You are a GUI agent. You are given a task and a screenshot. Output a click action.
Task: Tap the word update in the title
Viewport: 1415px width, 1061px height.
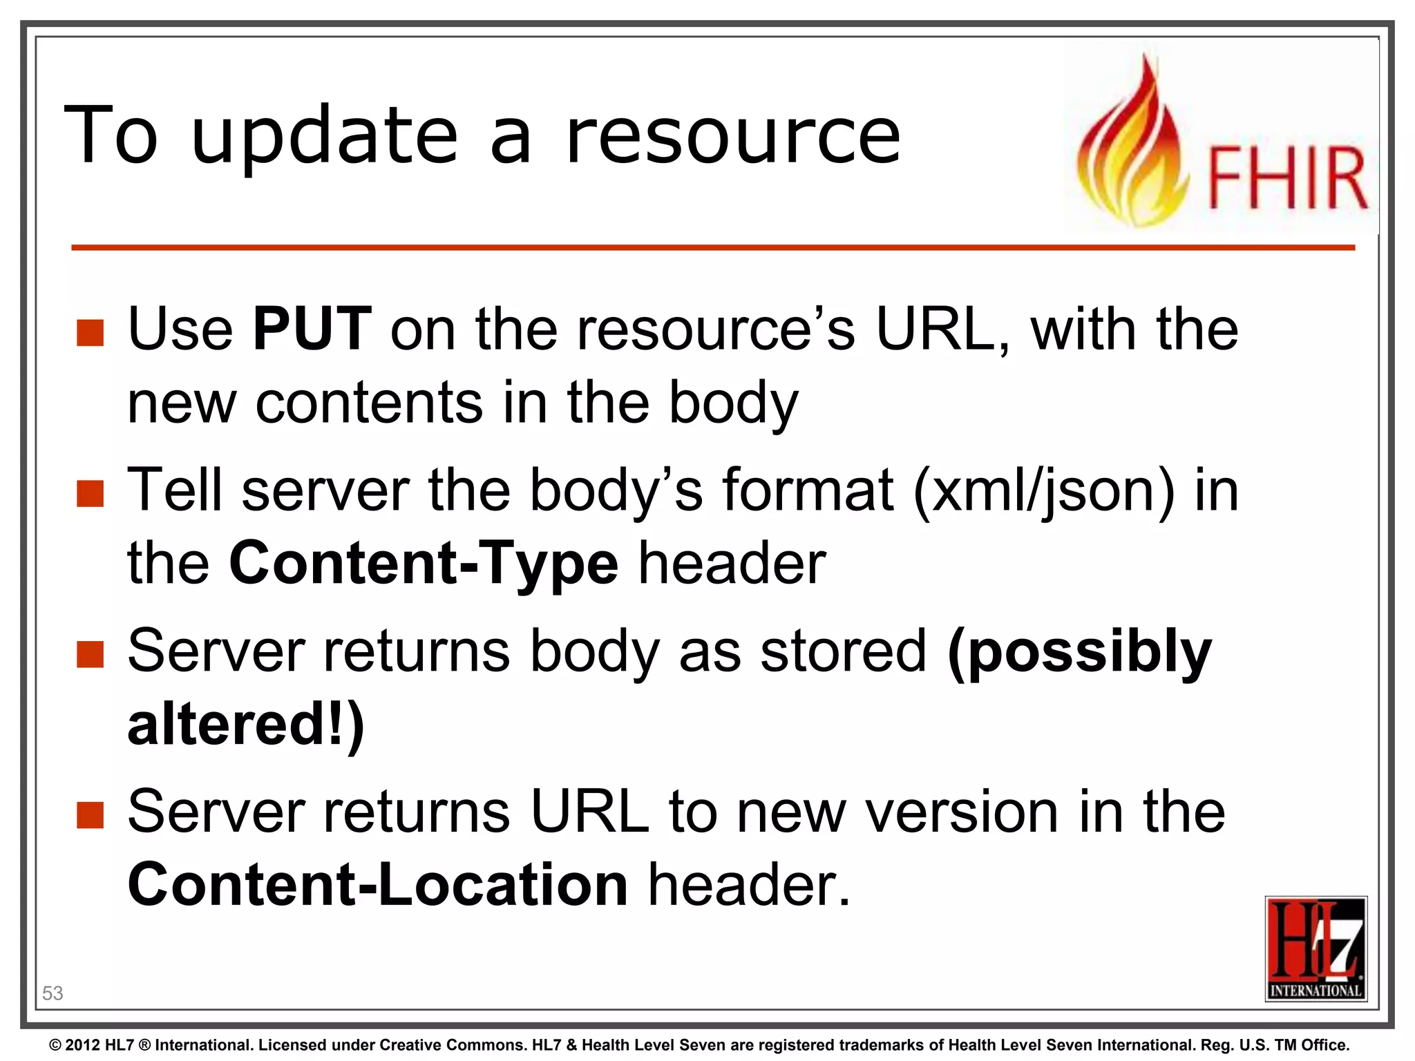[x=325, y=137]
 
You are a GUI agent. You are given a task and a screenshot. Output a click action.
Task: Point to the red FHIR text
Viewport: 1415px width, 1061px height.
[x=1286, y=178]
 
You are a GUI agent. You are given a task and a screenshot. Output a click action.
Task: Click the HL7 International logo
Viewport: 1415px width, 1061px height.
[x=1316, y=948]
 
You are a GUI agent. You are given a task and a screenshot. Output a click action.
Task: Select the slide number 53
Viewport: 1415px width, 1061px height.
[x=53, y=993]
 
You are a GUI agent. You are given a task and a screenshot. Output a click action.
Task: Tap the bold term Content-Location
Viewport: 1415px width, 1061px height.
[x=377, y=885]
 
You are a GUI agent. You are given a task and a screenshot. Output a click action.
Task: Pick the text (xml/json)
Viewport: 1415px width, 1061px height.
[x=1043, y=490]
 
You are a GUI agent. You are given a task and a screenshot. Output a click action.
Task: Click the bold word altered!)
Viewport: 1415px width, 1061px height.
[x=246, y=725]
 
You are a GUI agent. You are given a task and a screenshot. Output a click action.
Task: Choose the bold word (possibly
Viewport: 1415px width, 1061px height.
[x=1079, y=652]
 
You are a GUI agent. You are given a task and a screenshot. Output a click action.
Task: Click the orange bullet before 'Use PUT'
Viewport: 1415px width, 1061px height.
[x=91, y=333]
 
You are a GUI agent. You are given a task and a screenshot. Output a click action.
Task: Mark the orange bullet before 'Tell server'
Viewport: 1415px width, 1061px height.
[x=91, y=494]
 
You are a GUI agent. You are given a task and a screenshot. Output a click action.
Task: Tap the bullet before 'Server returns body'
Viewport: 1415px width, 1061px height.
[x=91, y=655]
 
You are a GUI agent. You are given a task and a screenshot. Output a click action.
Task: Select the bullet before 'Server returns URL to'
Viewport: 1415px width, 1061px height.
[x=91, y=815]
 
